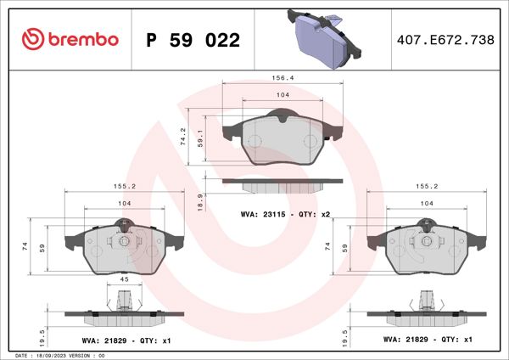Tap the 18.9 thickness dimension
coord(199,200)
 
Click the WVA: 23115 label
coord(264,215)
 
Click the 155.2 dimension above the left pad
coord(125,185)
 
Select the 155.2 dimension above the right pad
coord(426,185)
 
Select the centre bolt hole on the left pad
coord(124,241)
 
